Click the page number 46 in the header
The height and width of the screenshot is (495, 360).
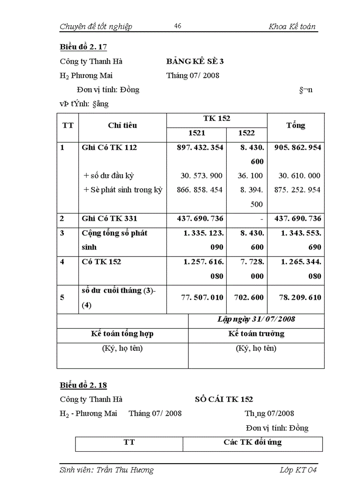[x=178, y=26]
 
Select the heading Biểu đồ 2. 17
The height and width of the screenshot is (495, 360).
[x=83, y=47]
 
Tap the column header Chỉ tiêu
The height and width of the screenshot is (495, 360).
[x=122, y=125]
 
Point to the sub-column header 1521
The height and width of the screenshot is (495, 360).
[x=196, y=133]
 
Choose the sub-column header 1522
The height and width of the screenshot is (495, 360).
[x=246, y=133]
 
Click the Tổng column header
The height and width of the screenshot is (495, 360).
[x=296, y=125]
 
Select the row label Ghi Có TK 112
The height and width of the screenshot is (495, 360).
[x=109, y=147]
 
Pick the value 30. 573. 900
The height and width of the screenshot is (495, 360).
[x=202, y=175]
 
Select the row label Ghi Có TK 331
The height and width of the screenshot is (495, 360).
[x=109, y=218]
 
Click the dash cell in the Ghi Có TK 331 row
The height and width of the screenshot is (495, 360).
[x=262, y=219]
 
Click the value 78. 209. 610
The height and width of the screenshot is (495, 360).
[x=300, y=298]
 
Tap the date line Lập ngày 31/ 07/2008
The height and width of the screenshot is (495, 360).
[x=256, y=319]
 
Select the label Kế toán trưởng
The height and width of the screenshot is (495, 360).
[x=256, y=333]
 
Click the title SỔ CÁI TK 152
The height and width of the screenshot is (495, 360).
[x=224, y=399]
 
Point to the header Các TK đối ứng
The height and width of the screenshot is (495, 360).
[x=252, y=442]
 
